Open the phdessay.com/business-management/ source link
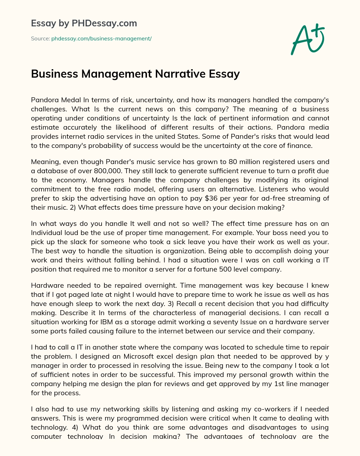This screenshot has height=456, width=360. click(101, 39)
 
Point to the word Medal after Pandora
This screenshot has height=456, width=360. click(72, 100)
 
